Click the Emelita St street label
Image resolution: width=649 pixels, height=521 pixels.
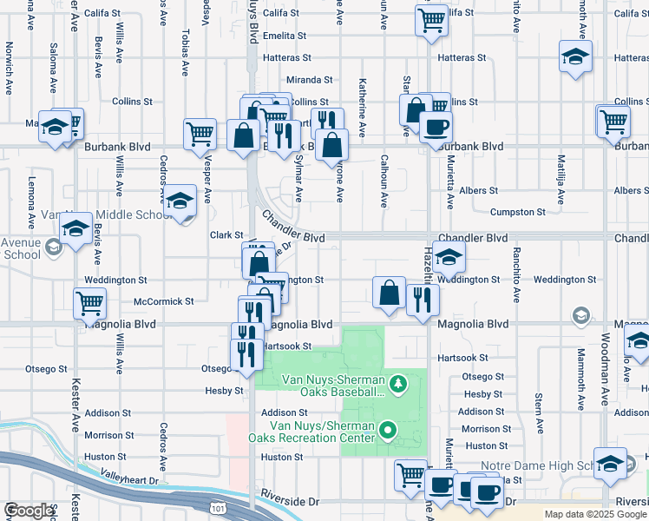coord(285,36)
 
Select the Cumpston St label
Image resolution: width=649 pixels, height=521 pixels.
coord(517,211)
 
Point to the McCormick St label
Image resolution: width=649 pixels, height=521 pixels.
coord(164,301)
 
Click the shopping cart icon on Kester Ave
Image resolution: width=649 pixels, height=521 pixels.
coord(90,303)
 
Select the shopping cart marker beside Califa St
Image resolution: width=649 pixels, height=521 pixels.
coord(431,20)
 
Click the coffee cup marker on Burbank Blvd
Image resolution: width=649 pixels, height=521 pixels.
coord(436,127)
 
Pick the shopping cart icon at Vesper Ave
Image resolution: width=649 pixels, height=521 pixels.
coord(200,133)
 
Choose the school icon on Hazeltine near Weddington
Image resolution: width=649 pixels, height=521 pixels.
coord(449,257)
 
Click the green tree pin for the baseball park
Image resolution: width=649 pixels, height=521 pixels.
coord(397,382)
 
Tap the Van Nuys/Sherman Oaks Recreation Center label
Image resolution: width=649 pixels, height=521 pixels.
coord(321,431)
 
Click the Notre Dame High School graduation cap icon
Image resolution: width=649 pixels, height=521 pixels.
coord(610,463)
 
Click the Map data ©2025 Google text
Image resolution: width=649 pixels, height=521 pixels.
coord(595,514)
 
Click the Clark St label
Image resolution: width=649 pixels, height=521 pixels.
coord(226,234)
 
